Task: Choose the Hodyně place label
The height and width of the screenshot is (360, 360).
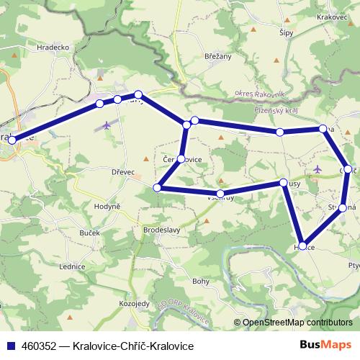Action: point(106,206)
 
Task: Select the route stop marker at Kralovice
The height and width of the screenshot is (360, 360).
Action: point(12,140)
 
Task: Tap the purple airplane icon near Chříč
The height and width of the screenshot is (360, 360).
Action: point(318,169)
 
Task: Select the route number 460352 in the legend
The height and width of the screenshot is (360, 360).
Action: point(40,346)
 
